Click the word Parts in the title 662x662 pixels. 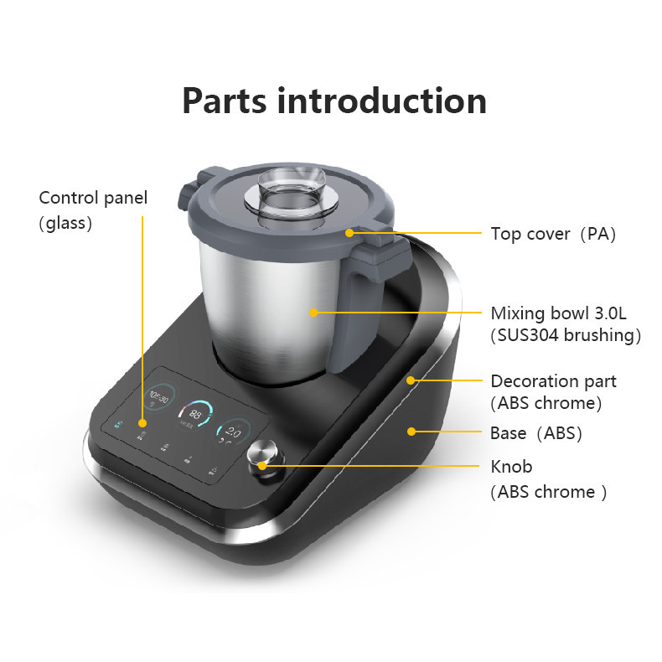click(x=225, y=101)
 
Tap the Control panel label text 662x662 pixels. click(x=93, y=198)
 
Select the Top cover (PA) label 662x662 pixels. click(x=553, y=234)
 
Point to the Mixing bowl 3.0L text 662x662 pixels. click(x=558, y=313)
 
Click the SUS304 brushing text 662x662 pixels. click(x=566, y=336)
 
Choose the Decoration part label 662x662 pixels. click(x=553, y=381)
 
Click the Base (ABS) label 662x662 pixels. click(x=535, y=433)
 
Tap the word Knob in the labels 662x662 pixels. click(x=511, y=467)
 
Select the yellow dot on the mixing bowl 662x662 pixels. click(x=313, y=313)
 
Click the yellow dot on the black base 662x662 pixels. click(x=411, y=432)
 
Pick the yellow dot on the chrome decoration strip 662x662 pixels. click(x=411, y=380)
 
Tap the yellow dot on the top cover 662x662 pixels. click(x=349, y=234)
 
